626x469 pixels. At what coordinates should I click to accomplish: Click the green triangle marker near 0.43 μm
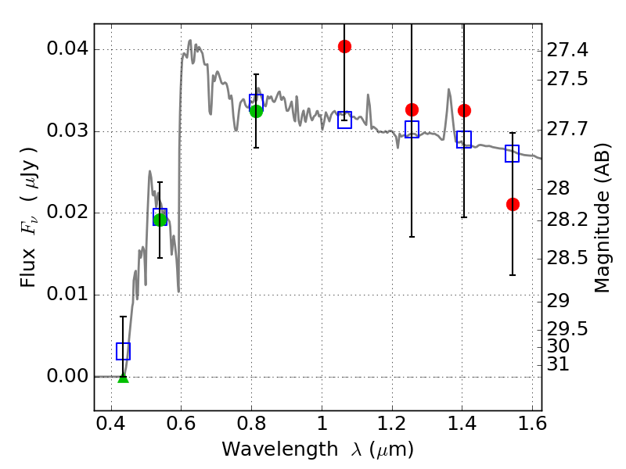[123, 378]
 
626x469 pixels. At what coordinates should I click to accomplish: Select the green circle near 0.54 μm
[160, 220]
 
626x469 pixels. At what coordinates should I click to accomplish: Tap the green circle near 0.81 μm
[256, 111]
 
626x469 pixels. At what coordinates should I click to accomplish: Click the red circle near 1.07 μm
[344, 46]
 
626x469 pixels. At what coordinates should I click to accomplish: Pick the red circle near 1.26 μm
[412, 109]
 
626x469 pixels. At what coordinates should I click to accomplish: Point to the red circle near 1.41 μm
[464, 110]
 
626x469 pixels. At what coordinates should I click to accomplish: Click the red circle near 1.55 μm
[513, 204]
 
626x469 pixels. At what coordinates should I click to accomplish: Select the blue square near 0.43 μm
[123, 351]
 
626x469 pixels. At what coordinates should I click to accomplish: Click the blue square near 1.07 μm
[344, 120]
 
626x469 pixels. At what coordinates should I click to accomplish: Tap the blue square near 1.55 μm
[513, 153]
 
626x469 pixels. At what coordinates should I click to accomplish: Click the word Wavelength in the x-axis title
[266, 449]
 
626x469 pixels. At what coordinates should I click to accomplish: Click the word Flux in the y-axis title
[29, 270]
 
